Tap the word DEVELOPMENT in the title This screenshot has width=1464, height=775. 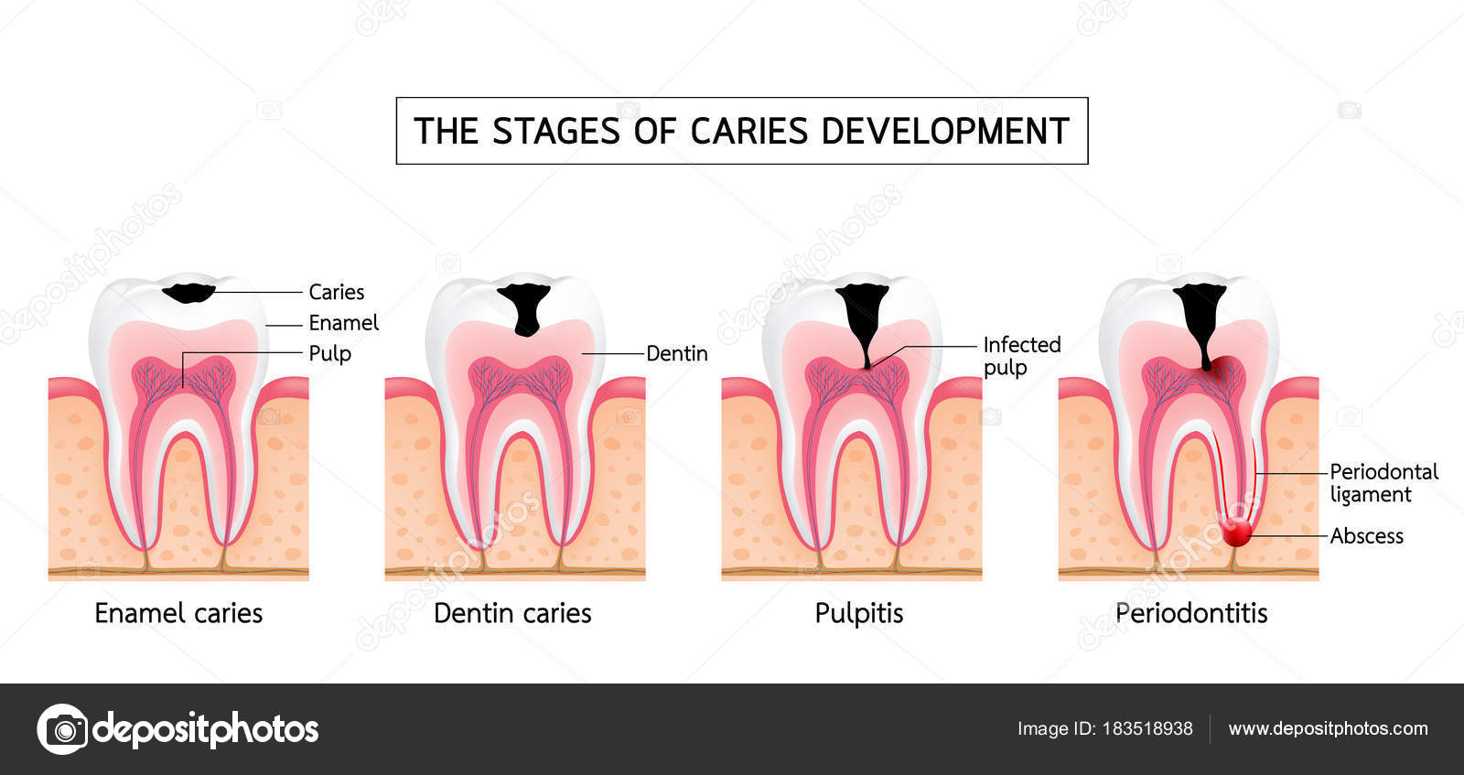[945, 132]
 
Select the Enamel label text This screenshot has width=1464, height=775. [343, 323]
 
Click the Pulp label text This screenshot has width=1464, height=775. [329, 353]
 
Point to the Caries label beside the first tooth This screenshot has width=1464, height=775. [336, 292]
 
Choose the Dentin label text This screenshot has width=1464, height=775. [676, 353]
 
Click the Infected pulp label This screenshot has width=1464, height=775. [1021, 356]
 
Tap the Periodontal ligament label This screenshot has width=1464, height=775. [1383, 483]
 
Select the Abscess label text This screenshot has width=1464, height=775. [1366, 536]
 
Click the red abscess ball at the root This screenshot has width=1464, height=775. [1236, 533]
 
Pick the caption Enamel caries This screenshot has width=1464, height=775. [178, 613]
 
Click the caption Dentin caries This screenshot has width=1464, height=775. [512, 613]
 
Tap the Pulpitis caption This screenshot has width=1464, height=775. [858, 613]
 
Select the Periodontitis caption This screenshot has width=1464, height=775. [1191, 613]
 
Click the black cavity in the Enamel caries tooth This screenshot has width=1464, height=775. [189, 293]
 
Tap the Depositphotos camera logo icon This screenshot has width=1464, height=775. [63, 729]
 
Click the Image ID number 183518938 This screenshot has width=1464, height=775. [1147, 729]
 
